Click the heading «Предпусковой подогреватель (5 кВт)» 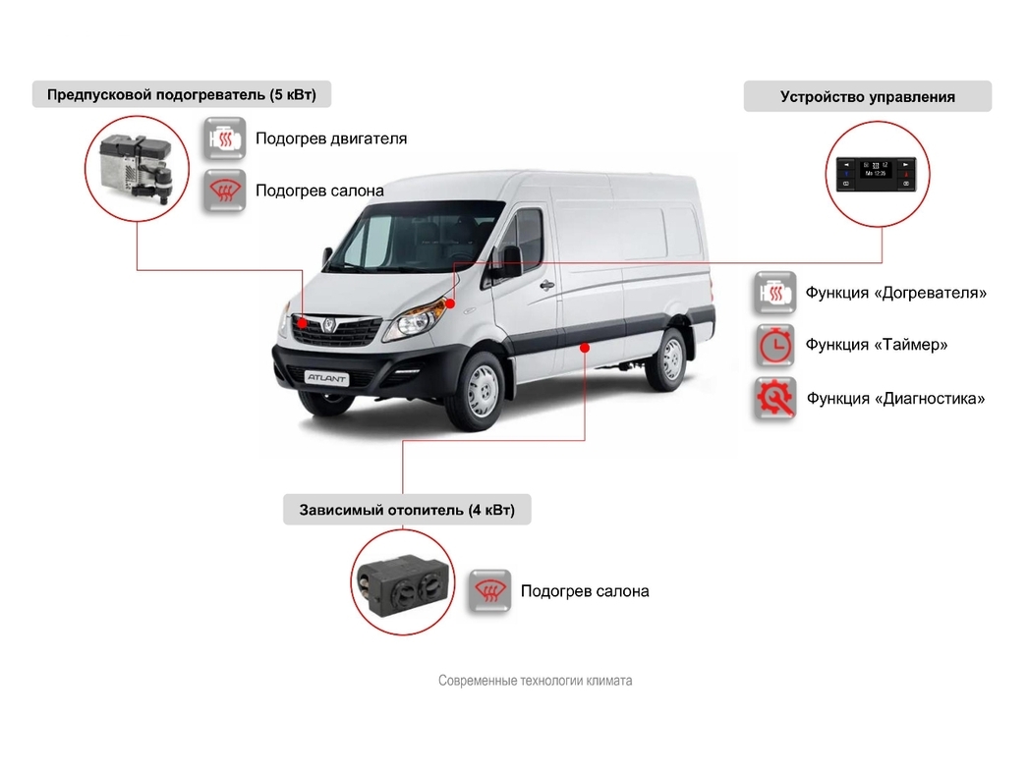tap(182, 94)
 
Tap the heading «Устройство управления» tap(867, 96)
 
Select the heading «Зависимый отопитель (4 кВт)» tap(407, 510)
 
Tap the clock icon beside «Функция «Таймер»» tap(774, 346)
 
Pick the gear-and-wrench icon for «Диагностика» tap(774, 399)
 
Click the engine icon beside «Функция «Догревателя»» tap(774, 293)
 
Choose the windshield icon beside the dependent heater tap(488, 591)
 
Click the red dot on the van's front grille tap(303, 322)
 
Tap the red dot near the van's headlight tap(448, 303)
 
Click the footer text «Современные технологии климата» tap(536, 681)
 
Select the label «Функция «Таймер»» tap(877, 345)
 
